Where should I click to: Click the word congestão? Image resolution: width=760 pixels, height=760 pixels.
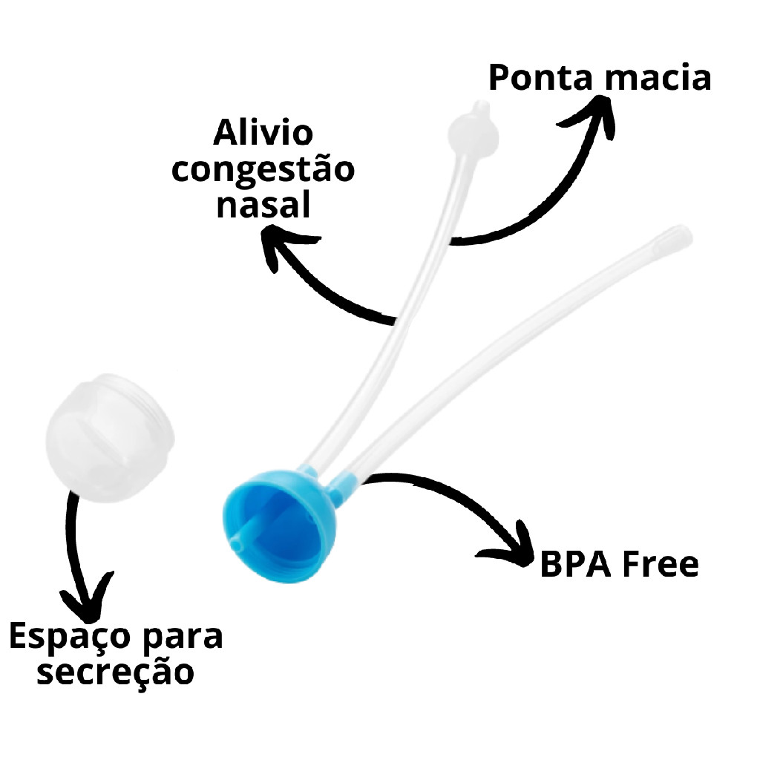[263, 170]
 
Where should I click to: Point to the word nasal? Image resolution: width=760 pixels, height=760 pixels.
[263, 204]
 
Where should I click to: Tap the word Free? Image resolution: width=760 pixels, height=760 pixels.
[659, 565]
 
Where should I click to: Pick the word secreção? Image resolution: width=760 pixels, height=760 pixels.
[116, 672]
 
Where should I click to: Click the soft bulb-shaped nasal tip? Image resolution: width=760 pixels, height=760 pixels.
[472, 128]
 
